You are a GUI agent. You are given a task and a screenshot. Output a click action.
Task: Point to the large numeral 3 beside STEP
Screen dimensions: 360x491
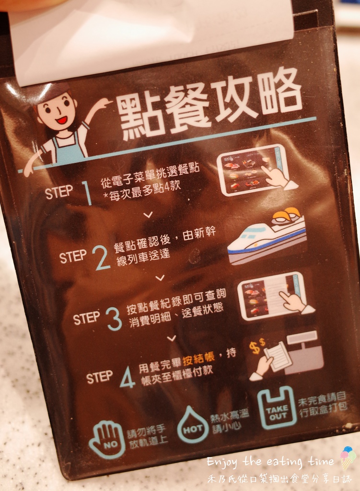tap(114, 318)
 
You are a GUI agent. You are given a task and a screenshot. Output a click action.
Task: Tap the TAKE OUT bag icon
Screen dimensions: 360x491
tap(277, 409)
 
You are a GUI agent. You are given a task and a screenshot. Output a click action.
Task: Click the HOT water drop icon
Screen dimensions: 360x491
tap(193, 425)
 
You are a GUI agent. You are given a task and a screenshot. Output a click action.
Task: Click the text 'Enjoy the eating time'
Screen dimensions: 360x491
tap(270, 462)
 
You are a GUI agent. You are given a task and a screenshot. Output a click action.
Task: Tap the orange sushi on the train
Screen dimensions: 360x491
tap(286, 216)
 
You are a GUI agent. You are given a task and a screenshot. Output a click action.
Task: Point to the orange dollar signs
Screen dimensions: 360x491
tap(257, 346)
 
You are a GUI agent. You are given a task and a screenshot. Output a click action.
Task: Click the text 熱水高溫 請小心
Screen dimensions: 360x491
tap(230, 421)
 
